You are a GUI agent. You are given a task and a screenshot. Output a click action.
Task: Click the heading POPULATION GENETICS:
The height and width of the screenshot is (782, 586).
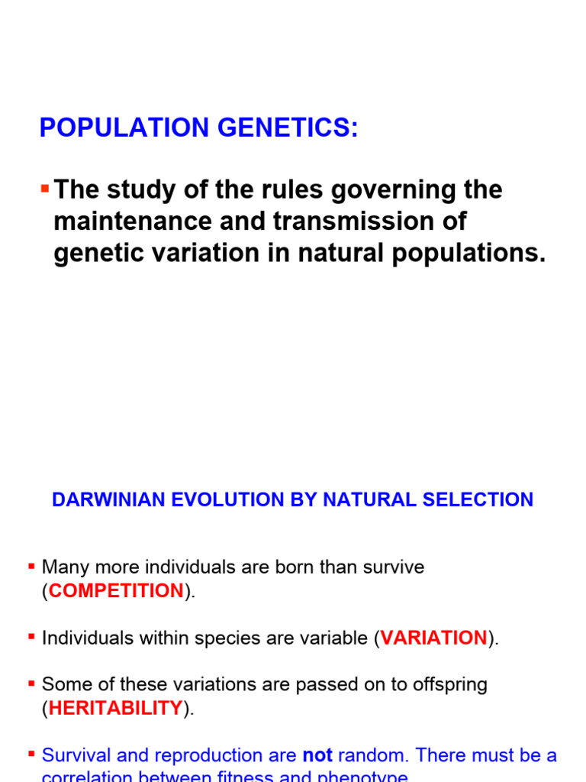click(198, 128)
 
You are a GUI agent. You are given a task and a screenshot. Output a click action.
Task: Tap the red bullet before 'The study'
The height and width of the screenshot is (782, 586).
click(45, 188)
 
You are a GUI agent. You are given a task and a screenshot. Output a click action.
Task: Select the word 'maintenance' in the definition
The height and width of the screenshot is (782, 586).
click(126, 221)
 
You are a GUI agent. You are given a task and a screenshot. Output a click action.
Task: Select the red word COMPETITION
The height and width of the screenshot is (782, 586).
click(116, 591)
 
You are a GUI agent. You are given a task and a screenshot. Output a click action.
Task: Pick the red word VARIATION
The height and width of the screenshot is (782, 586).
click(433, 638)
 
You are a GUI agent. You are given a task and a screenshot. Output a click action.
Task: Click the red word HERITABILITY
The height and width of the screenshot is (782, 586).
click(116, 708)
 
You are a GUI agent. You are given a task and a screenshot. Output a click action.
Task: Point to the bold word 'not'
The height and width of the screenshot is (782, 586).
click(317, 755)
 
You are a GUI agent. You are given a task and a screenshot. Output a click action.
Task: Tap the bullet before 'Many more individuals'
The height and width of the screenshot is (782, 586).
click(31, 566)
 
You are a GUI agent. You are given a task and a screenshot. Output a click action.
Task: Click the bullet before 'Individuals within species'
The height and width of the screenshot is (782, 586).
click(31, 636)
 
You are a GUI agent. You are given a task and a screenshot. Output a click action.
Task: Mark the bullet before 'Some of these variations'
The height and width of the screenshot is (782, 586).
click(31, 683)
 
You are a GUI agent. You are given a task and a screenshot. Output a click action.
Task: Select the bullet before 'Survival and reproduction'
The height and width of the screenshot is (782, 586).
click(31, 754)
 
